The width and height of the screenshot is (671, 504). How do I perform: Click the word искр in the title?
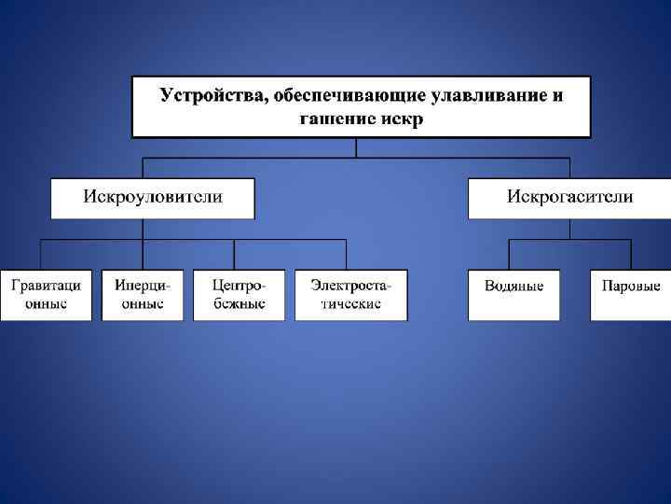click(402, 119)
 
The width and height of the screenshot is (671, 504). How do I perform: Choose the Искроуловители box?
click(152, 198)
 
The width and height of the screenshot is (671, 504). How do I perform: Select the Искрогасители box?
click(568, 198)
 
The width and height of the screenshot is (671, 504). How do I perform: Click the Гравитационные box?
click(46, 295)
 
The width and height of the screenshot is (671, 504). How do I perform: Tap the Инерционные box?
click(143, 295)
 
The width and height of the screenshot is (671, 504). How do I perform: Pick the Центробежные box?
click(239, 295)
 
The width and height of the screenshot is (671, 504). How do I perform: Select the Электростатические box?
click(350, 295)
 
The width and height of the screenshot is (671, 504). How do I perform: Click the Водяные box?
click(514, 295)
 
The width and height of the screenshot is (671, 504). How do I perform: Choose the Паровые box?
click(631, 295)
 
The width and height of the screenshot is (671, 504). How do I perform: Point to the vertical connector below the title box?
click(356, 147)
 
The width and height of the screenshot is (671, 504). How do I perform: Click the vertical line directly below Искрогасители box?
click(569, 229)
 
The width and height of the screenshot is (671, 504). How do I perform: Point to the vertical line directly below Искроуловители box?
click(153, 229)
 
